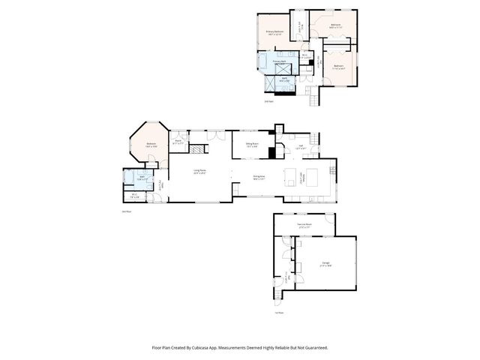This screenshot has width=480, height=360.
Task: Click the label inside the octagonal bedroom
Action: coord(151,144)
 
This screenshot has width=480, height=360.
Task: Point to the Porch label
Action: coord(178,142)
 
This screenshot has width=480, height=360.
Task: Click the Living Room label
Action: coord(199,172)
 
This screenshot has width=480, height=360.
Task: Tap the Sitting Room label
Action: coord(252,145)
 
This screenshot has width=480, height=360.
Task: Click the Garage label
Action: coord(325,263)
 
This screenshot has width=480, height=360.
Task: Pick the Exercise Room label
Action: coord(304,225)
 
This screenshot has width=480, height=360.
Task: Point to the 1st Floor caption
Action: coord(278,313)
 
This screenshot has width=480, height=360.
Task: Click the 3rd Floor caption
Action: coord(268,102)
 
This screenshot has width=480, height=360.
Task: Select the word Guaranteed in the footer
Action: coord(316,348)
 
